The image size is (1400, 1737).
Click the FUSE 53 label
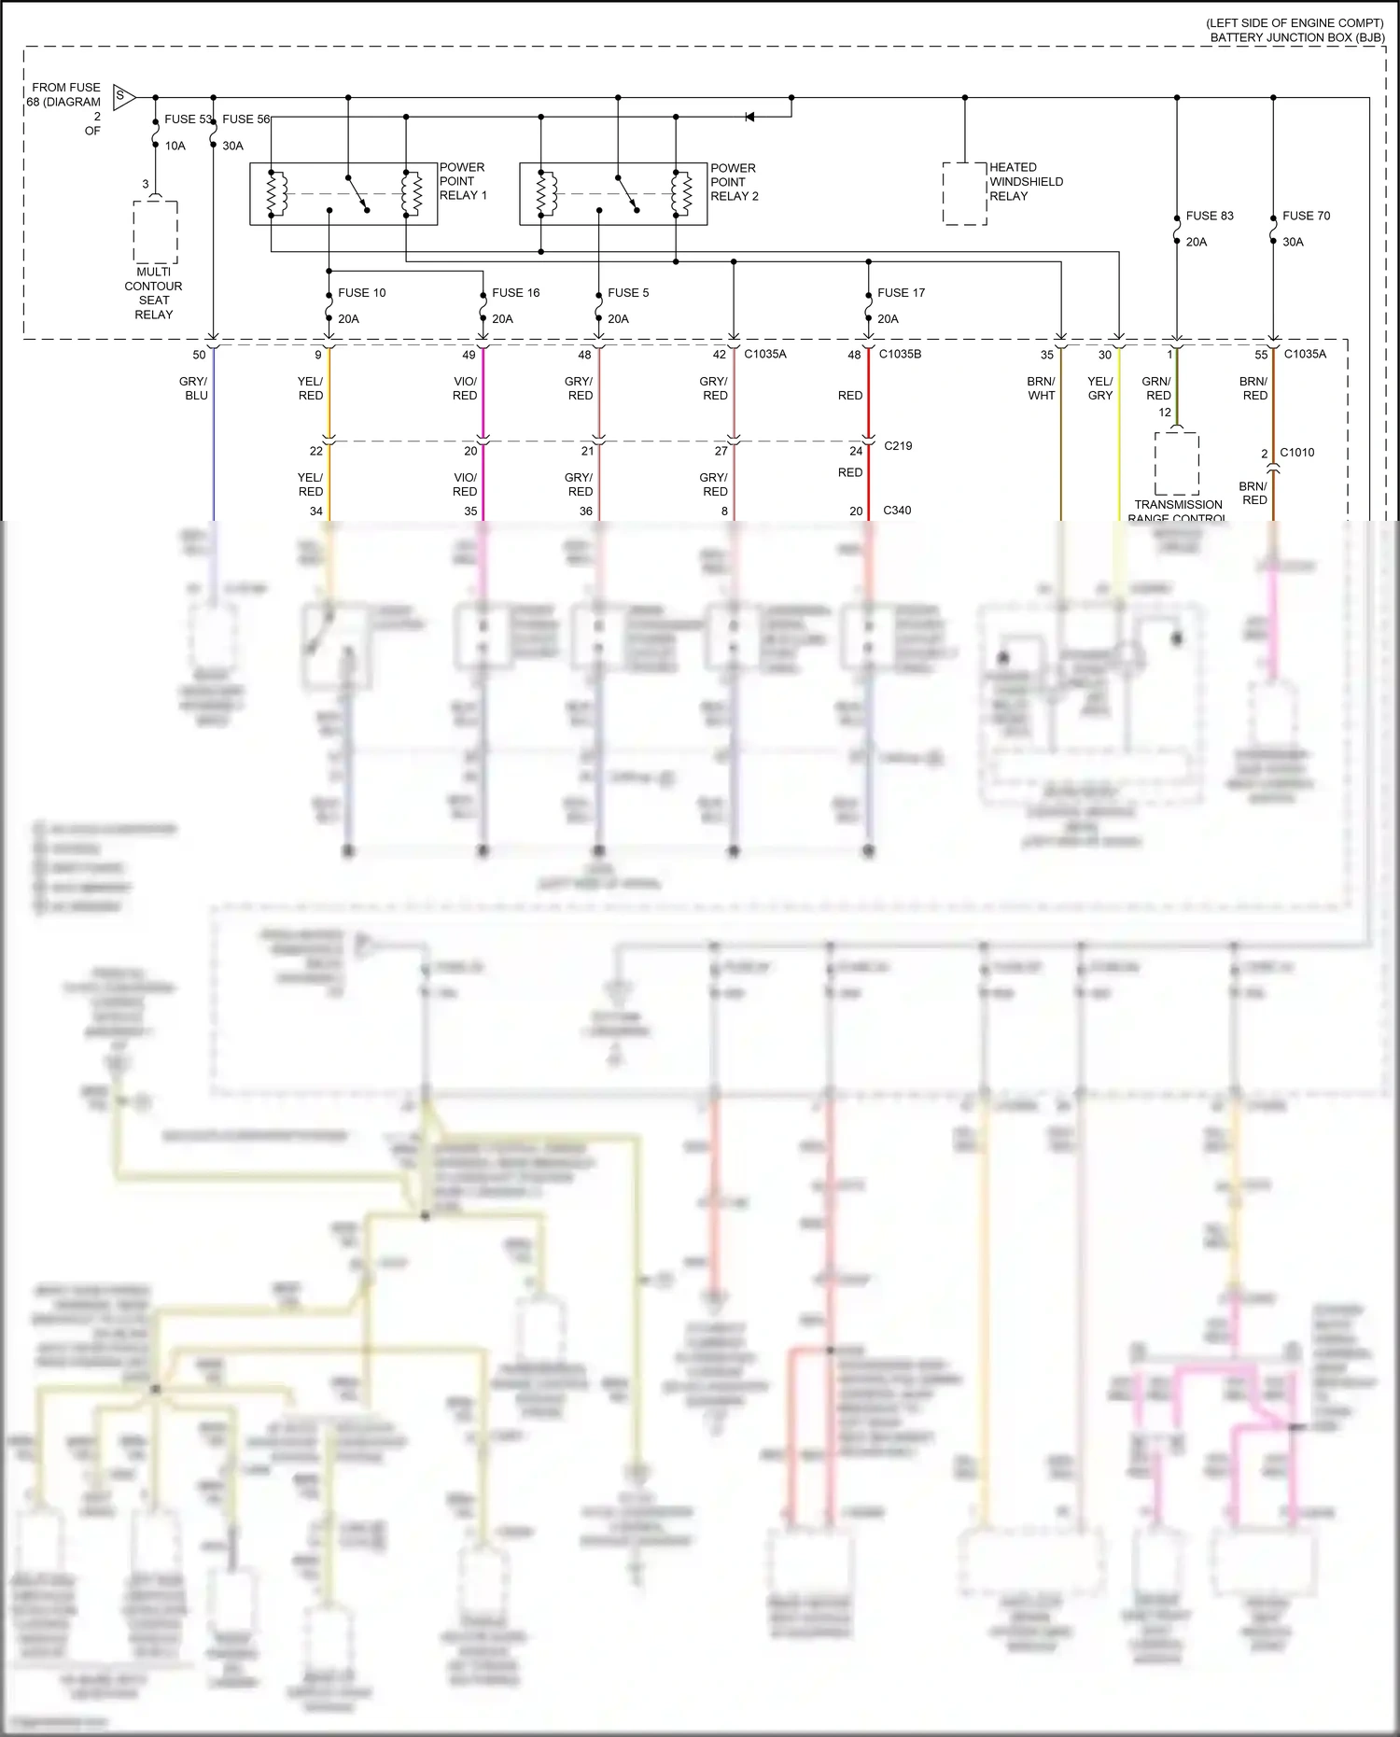coord(188,119)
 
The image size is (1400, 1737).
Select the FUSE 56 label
coord(245,119)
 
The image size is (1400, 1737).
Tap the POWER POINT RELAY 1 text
coord(463,181)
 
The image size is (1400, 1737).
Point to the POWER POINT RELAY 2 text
coord(735,182)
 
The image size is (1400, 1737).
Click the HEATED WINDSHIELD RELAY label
coord(1026,182)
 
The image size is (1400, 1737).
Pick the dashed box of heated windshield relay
coord(964,193)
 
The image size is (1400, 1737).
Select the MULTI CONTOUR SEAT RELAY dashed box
coord(155,232)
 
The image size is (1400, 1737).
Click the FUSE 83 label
coord(1210,216)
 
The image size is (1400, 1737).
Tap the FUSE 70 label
coord(1306,216)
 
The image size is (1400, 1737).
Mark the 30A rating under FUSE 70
coord(1293,242)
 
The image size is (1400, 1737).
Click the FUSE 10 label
coord(361,293)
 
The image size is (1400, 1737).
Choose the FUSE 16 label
coord(515,293)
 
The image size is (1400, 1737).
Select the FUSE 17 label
coord(901,293)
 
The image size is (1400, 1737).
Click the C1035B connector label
coord(900,355)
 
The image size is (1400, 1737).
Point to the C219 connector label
coord(898,446)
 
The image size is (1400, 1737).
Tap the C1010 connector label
coord(1296,453)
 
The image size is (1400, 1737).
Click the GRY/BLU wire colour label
coord(194,388)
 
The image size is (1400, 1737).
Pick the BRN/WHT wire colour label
coord(1042,388)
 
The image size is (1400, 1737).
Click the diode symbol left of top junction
coord(749,117)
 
